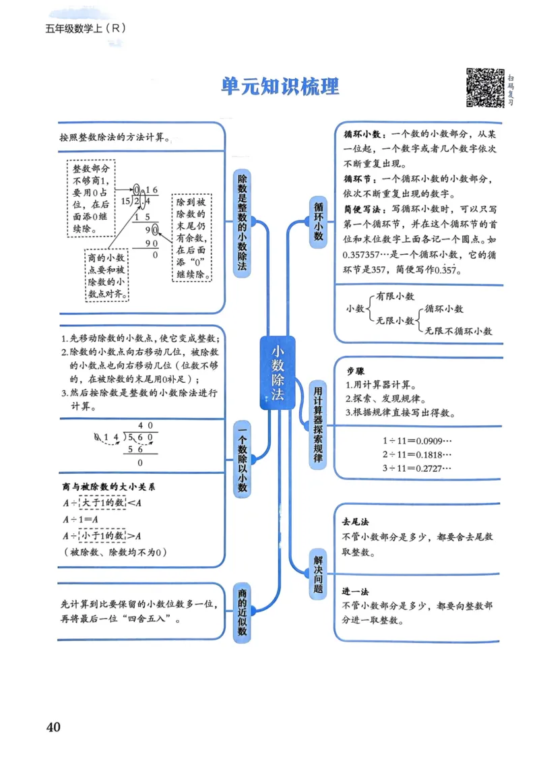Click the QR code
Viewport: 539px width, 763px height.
pyautogui.click(x=485, y=88)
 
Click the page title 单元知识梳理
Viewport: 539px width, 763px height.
pyautogui.click(x=280, y=86)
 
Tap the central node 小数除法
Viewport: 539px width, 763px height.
pyautogui.click(x=278, y=372)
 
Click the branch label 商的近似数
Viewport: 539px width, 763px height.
pyautogui.click(x=242, y=611)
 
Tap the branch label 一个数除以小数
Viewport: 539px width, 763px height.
pyautogui.click(x=243, y=460)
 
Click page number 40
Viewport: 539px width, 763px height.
pyautogui.click(x=53, y=727)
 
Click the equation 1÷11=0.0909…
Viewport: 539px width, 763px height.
pyautogui.click(x=416, y=440)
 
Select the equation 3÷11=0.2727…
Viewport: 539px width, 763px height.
pyautogui.click(x=416, y=468)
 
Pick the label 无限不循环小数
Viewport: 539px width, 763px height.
pyautogui.click(x=458, y=331)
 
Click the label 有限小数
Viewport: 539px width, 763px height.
pyautogui.click(x=395, y=296)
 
